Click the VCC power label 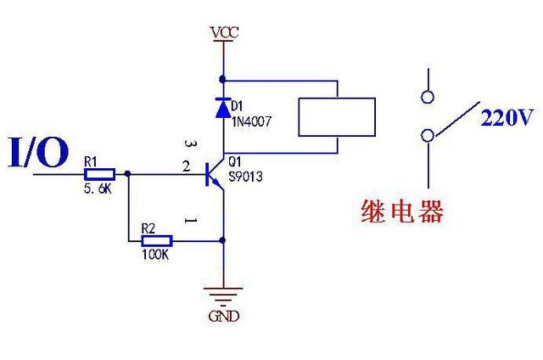(225, 33)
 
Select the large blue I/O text (38, 153)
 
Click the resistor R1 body (101, 174)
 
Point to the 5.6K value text (98, 189)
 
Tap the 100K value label (154, 254)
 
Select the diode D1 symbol (224, 108)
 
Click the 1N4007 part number (250, 121)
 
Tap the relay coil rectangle (337, 116)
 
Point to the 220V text (507, 118)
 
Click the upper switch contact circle (428, 95)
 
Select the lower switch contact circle (428, 134)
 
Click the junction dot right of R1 (128, 174)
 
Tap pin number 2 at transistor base (187, 168)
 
